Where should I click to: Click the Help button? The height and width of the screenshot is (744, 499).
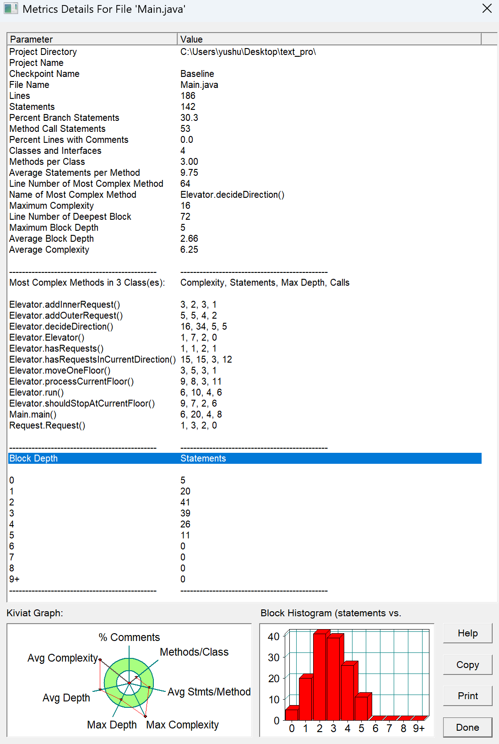point(467,633)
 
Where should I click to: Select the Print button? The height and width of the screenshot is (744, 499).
point(467,696)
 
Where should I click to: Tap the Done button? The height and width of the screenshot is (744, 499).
point(467,728)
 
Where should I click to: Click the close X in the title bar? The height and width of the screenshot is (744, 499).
point(487,9)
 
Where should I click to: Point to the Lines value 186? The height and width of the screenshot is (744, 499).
point(188,96)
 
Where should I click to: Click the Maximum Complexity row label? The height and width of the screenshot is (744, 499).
point(51,206)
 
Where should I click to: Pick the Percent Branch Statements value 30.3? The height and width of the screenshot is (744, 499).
point(189,118)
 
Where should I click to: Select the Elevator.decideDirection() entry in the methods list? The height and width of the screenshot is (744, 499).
point(61,326)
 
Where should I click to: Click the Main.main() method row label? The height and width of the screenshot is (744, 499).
point(33,414)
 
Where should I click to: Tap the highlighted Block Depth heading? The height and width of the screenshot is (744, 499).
point(33,458)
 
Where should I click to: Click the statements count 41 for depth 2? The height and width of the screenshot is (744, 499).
point(185,502)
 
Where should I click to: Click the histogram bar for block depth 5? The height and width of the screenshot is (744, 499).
point(361,708)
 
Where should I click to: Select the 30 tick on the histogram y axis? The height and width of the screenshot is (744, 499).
point(273,657)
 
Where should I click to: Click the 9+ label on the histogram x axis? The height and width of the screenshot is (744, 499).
point(418,728)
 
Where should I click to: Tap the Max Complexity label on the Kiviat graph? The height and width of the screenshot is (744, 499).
point(182,725)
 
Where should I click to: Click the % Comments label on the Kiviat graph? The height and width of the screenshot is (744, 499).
point(129,637)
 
